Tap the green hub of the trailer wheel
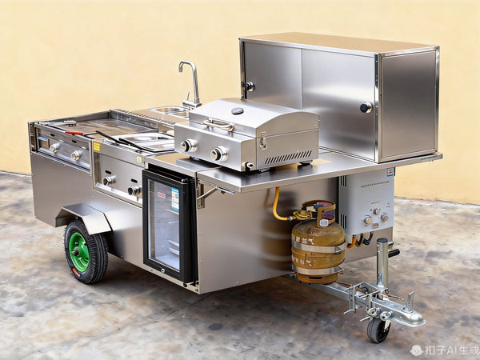pos(79,251)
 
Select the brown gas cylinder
pos(318,250)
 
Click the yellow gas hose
pos(278,206)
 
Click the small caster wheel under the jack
pos(378,330)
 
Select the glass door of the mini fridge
pos(166,226)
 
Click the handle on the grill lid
pos(218,124)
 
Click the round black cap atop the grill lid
pos(238,110)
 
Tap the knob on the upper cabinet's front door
pos(366,107)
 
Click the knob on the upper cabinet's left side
pos(250,86)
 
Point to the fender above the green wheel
pos(85,216)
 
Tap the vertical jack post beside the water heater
pos(382,264)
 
